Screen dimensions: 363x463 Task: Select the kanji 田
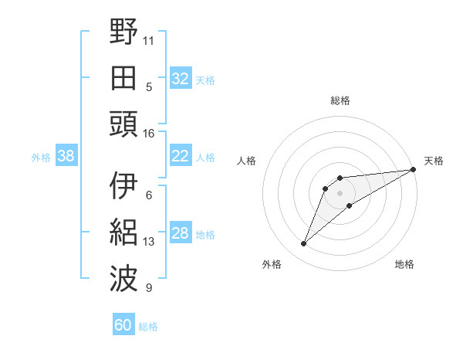[123, 77]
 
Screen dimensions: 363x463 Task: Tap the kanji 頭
[123, 124]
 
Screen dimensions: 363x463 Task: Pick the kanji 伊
[123, 185]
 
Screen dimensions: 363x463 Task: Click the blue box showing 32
[180, 79]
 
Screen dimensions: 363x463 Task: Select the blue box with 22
[180, 157]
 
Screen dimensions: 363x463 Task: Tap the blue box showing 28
[180, 234]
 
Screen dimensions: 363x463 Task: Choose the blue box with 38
[66, 157]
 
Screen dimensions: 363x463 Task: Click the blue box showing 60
[123, 325]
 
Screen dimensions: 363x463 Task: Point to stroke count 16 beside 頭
[149, 134]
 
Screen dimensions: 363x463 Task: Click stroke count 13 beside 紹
[149, 242]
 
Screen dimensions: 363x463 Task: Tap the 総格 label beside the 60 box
[149, 327]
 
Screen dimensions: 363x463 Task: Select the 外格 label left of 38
[41, 158]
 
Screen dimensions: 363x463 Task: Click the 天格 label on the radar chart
[434, 161]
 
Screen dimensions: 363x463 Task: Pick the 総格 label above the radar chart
[340, 100]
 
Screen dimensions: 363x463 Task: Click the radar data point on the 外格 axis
[304, 244]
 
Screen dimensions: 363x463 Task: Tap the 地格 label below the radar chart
[404, 264]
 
